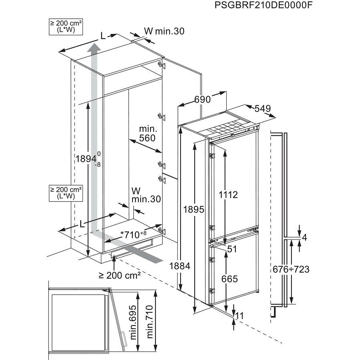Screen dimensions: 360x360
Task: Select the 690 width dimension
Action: pos(203,99)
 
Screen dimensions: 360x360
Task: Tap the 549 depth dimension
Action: pos(263,109)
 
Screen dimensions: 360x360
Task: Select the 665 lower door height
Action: pos(229,279)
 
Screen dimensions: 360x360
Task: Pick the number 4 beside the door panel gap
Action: pos(304,237)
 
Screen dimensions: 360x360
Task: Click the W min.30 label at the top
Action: pos(164,31)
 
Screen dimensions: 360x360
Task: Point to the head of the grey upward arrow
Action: pos(94,48)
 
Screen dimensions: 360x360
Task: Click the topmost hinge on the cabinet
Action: pos(161,64)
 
